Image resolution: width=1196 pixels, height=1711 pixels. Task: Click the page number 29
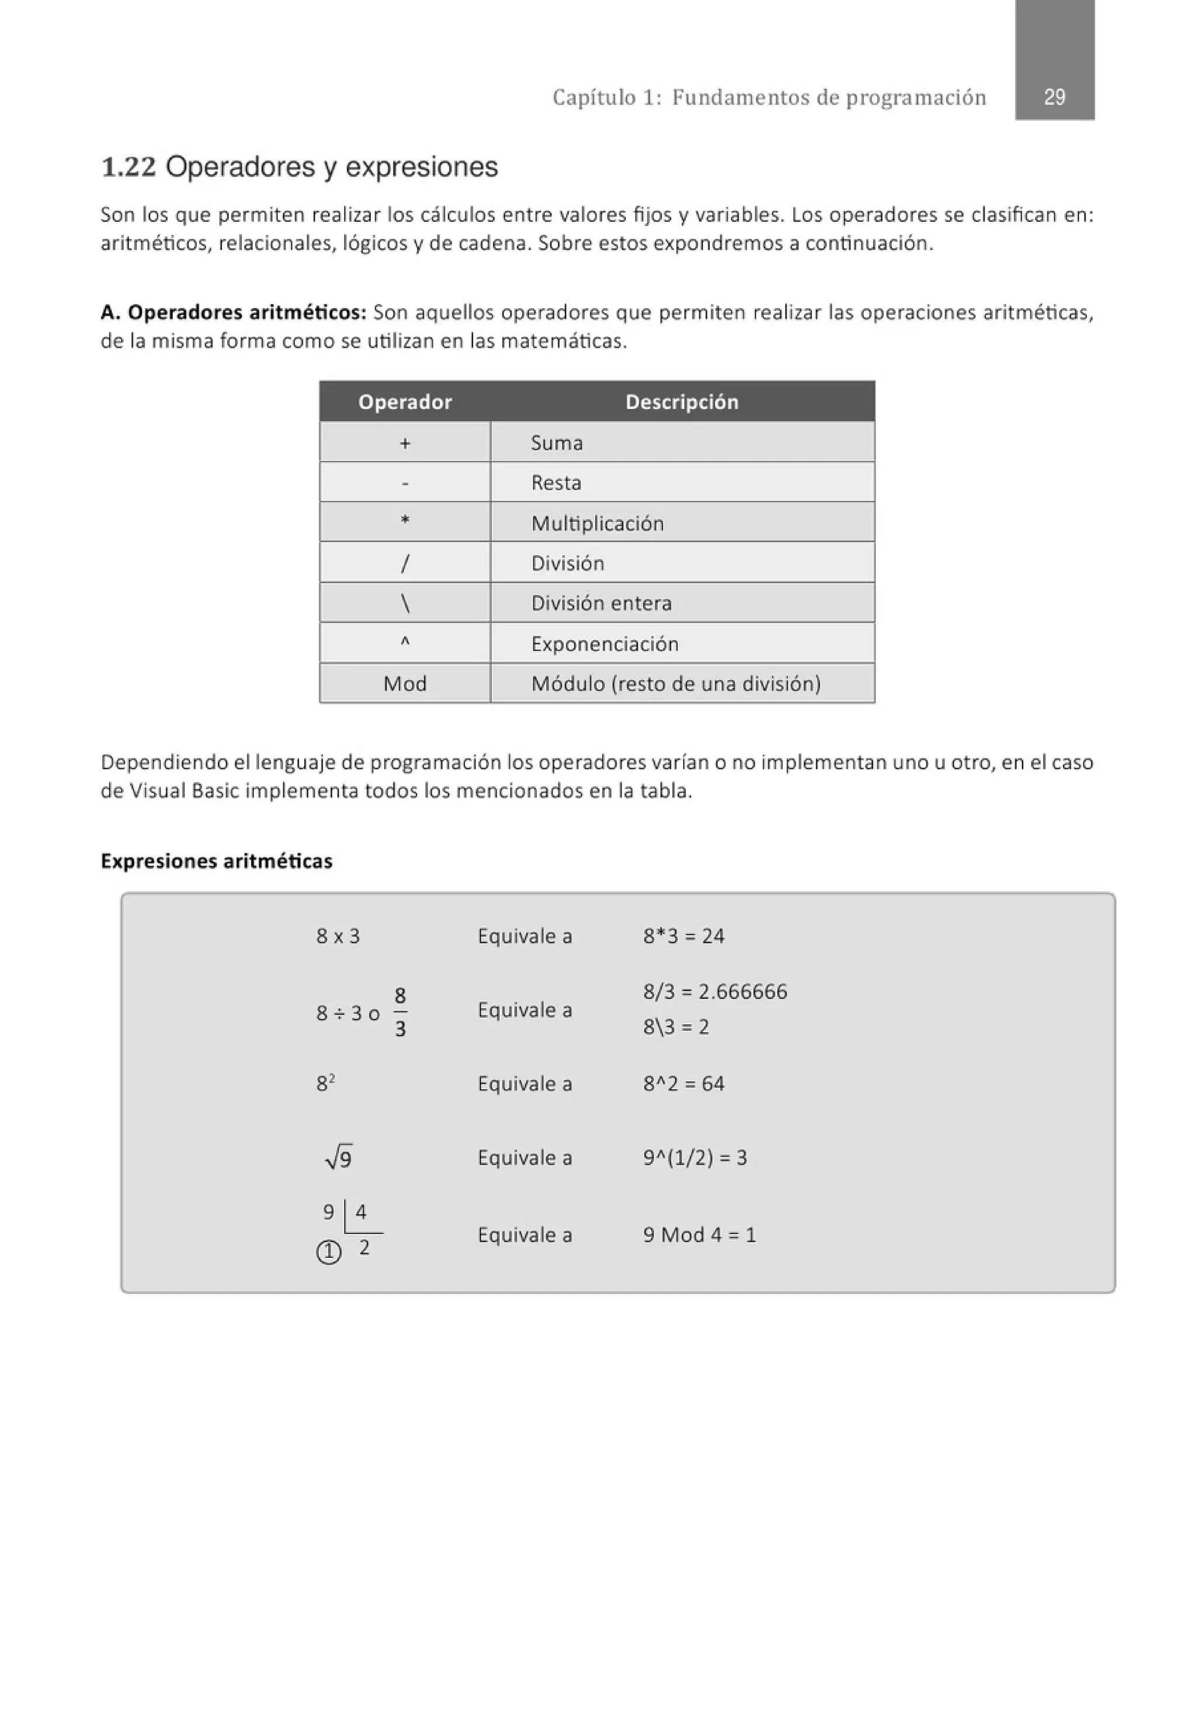pos(1054,97)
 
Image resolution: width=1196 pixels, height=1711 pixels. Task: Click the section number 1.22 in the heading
pos(128,167)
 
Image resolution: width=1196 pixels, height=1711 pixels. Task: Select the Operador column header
pos(404,402)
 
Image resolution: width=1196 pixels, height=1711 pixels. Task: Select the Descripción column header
pos(681,402)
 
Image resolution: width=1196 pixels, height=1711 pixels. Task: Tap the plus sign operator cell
pos(404,442)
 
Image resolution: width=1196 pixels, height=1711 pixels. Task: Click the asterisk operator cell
pos(404,522)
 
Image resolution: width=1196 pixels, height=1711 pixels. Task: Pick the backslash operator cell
pos(404,602)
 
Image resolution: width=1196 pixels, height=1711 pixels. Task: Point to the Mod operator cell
pos(404,682)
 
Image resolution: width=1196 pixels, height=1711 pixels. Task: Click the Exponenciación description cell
pos(604,643)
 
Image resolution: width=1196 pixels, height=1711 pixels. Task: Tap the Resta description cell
pos(555,482)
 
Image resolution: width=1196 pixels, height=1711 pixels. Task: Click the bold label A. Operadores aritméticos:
pos(232,312)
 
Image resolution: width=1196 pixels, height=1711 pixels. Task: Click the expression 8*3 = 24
pos(683,935)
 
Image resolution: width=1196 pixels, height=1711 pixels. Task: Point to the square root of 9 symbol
pos(339,1158)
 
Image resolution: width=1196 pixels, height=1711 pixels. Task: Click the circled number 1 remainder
pos(329,1253)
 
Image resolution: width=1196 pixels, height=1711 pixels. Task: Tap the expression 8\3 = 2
pos(676,1026)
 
